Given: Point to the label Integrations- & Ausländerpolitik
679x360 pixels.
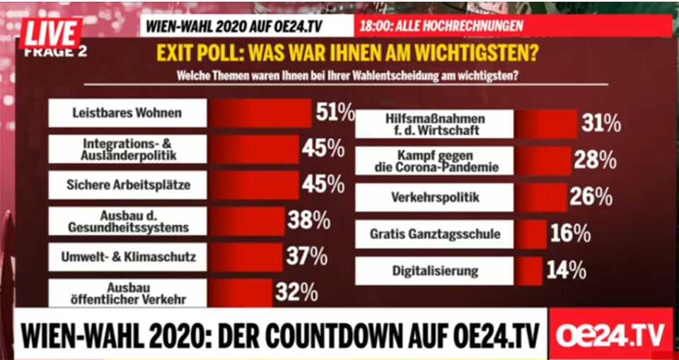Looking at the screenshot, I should pyautogui.click(x=128, y=150).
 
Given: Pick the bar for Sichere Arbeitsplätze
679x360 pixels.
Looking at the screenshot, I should pyautogui.click(x=253, y=186).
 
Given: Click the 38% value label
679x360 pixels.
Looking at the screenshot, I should pyautogui.click(x=309, y=221).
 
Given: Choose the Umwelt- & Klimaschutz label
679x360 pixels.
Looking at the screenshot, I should pyautogui.click(x=128, y=257).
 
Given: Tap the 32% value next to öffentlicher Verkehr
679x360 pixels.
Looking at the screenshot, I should pyautogui.click(x=296, y=292).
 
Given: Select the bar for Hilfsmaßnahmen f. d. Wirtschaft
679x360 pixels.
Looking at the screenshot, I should pyautogui.click(x=545, y=124).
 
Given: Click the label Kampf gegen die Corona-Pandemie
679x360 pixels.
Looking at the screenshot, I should pyautogui.click(x=434, y=161).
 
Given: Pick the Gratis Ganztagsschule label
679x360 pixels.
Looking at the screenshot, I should pyautogui.click(x=434, y=233).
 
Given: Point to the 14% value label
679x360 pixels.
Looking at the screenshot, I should pyautogui.click(x=566, y=270).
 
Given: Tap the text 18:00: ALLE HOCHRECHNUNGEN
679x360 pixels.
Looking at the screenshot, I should pyautogui.click(x=441, y=27).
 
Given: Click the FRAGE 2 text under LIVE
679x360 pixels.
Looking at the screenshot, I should pyautogui.click(x=55, y=52).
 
